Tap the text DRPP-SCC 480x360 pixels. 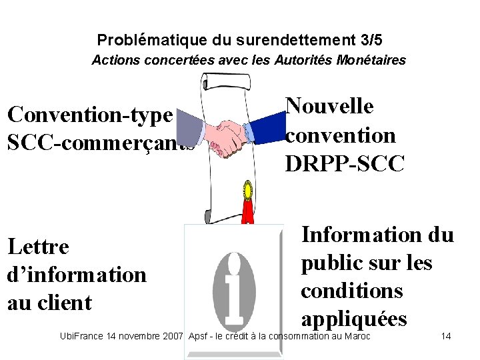[x=345, y=164]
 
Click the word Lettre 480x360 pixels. [x=38, y=247]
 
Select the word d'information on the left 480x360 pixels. [x=77, y=275]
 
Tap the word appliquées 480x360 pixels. [x=353, y=319]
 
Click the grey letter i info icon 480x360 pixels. [x=233, y=286]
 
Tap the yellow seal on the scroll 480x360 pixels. [x=248, y=191]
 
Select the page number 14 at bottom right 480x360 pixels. [x=446, y=336]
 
